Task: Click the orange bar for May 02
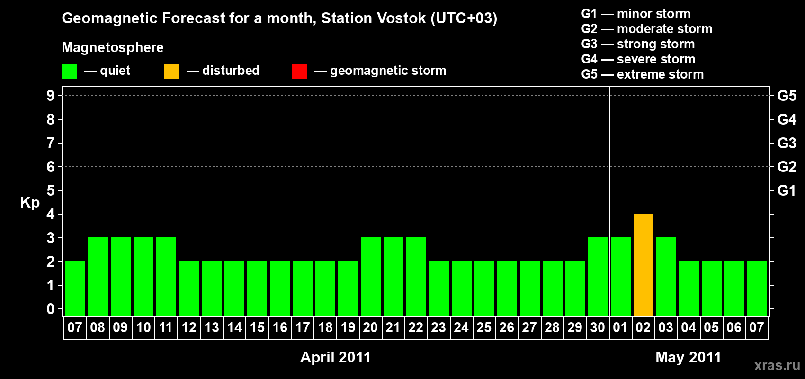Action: [643, 265]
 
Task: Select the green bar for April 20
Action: [370, 277]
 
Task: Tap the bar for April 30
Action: [598, 277]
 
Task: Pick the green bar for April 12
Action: [188, 289]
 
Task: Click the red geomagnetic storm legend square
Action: [299, 71]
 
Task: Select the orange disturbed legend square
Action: [171, 71]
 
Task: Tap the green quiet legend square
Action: [69, 71]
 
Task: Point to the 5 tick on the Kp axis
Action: [51, 190]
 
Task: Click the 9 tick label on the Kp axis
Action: [51, 96]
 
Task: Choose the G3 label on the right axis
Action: [787, 143]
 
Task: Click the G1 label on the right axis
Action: [787, 190]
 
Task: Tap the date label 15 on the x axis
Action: [257, 327]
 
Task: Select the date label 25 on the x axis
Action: [484, 327]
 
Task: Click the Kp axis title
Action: [30, 203]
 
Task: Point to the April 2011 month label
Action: [335, 357]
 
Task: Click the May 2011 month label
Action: [688, 357]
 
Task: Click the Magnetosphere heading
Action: [113, 47]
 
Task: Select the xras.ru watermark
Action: [777, 366]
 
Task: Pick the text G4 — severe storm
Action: [638, 59]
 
